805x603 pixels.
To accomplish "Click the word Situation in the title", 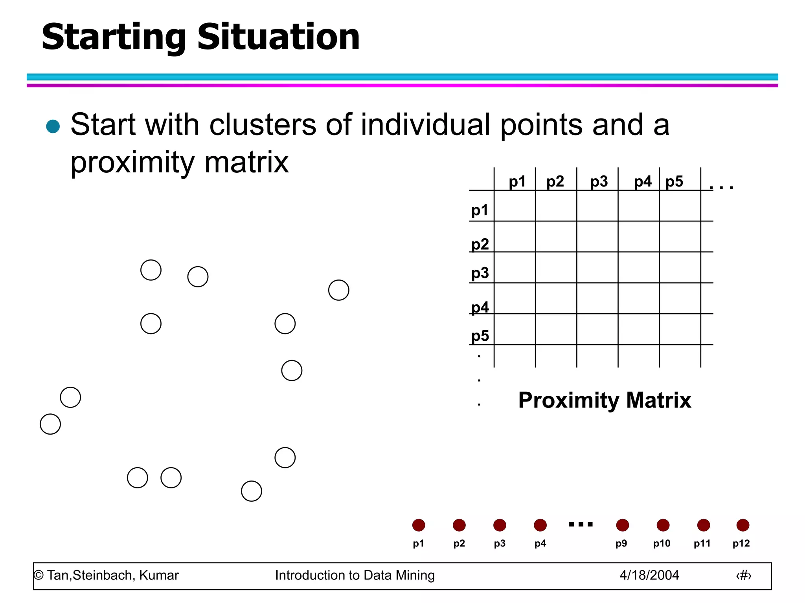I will (278, 37).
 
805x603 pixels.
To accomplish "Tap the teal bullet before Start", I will (53, 126).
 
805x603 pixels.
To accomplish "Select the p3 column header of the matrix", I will (599, 181).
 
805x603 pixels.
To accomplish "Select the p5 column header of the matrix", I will (674, 181).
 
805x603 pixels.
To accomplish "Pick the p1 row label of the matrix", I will (480, 210).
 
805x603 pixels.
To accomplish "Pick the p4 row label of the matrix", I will (480, 307).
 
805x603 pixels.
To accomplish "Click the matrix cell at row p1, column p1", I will (515, 206).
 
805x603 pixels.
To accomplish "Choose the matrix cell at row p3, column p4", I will (638, 267).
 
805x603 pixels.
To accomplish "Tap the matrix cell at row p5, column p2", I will (556, 329).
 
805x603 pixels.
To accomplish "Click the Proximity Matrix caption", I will (604, 400).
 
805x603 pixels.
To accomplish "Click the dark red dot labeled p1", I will (419, 525).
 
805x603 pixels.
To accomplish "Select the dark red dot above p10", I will (663, 525).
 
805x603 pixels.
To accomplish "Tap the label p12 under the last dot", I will (741, 543).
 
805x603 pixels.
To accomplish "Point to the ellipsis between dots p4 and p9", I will (581, 524).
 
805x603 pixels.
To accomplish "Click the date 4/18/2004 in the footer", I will (649, 575).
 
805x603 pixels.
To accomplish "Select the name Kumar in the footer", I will (159, 575).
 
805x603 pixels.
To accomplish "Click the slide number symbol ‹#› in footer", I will (743, 576).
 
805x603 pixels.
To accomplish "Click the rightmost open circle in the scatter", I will (338, 290).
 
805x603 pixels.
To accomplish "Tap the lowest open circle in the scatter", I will (251, 491).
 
